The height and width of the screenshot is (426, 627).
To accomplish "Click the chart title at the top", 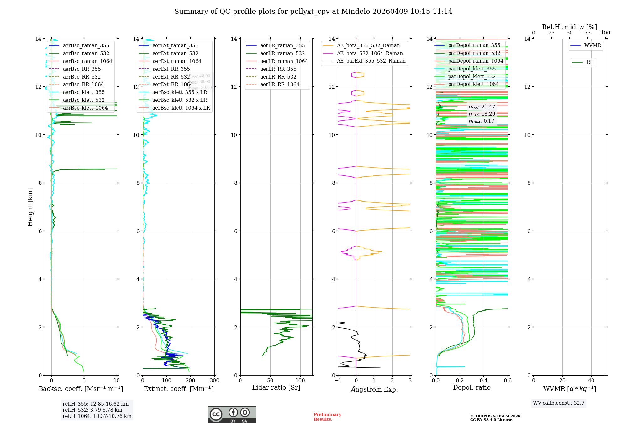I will tap(313, 12).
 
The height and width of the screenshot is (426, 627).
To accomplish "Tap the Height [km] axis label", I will tap(30, 207).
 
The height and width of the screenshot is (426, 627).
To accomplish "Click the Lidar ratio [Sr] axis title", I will tap(276, 388).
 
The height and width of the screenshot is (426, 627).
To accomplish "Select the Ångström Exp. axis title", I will tap(374, 389).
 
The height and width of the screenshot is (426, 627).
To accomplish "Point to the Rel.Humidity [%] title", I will tap(569, 27).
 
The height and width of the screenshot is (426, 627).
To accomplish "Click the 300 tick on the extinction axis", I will tap(214, 380).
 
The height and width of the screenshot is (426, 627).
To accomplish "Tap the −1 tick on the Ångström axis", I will tap(338, 380).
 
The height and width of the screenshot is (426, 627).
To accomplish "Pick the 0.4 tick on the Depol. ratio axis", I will tap(484, 380).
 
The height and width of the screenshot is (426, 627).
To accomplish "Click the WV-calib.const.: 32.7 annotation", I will tap(559, 403).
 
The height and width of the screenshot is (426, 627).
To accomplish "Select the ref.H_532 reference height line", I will tap(92, 410).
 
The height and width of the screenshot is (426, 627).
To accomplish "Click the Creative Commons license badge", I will tap(232, 415).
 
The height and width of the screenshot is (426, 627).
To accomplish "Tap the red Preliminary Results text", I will tap(327, 417).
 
